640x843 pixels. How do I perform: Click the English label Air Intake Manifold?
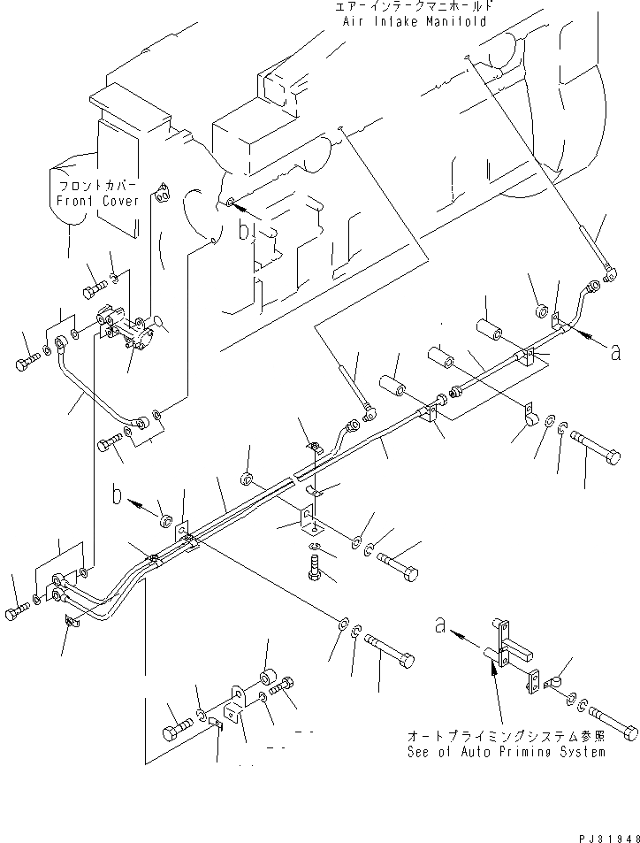(x=415, y=21)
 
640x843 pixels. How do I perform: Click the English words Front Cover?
(x=94, y=201)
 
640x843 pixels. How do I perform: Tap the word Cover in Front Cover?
(x=116, y=201)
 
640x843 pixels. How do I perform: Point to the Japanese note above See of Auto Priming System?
(x=507, y=736)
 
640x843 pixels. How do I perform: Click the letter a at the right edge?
(x=615, y=352)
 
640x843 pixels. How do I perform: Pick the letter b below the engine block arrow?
(x=245, y=233)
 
